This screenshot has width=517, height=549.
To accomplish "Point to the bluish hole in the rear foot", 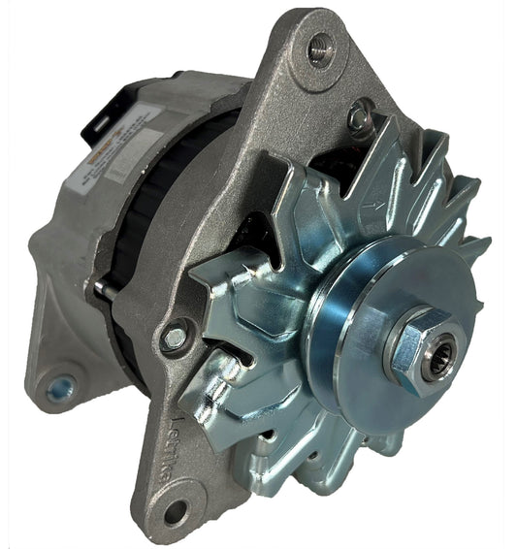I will pos(60,389).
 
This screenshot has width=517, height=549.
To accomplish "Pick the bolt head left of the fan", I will pos(175,338).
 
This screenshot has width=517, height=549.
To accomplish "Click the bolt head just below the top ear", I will pos(360,117).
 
